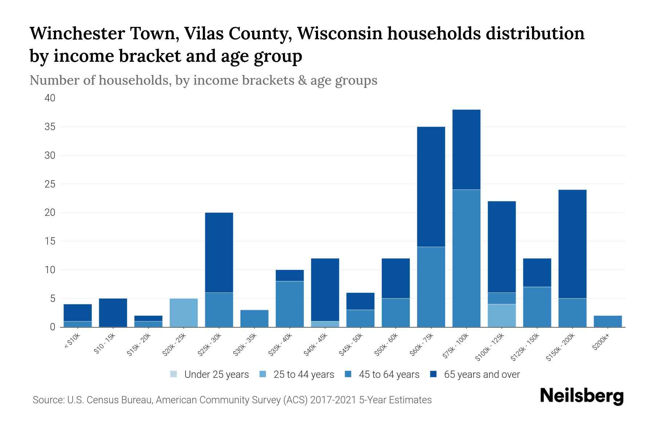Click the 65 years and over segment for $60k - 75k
tap(431, 187)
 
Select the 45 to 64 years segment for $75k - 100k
tap(466, 258)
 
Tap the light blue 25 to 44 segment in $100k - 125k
tap(501, 315)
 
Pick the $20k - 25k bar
tap(184, 312)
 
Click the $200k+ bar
tap(608, 321)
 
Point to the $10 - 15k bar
tap(113, 312)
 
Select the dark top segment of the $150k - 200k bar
tap(572, 244)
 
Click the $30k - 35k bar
tap(254, 318)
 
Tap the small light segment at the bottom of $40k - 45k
tap(325, 324)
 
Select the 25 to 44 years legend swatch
tap(263, 374)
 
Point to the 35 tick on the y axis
tap(50, 127)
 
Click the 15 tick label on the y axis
tap(50, 241)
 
